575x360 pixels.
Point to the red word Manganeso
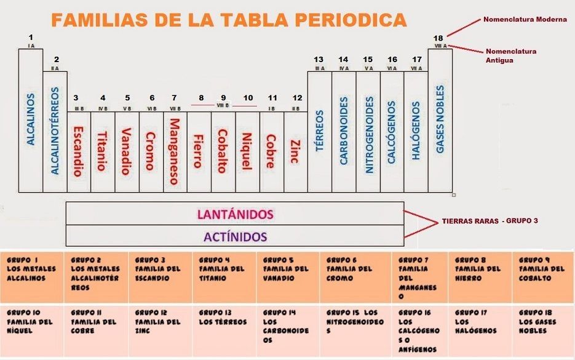pos(175,151)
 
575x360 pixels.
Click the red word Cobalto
pos(223,151)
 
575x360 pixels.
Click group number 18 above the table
pos(438,38)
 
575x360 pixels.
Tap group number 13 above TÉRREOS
pos(319,60)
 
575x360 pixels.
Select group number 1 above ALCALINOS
pos(31,38)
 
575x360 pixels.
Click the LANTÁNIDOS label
pos(235,214)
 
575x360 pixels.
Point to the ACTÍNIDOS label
pos(236,236)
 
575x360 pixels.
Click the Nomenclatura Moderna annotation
pos(525,20)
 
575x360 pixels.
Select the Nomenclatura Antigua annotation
pos(510,55)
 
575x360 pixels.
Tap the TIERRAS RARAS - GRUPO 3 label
pos(490,220)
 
